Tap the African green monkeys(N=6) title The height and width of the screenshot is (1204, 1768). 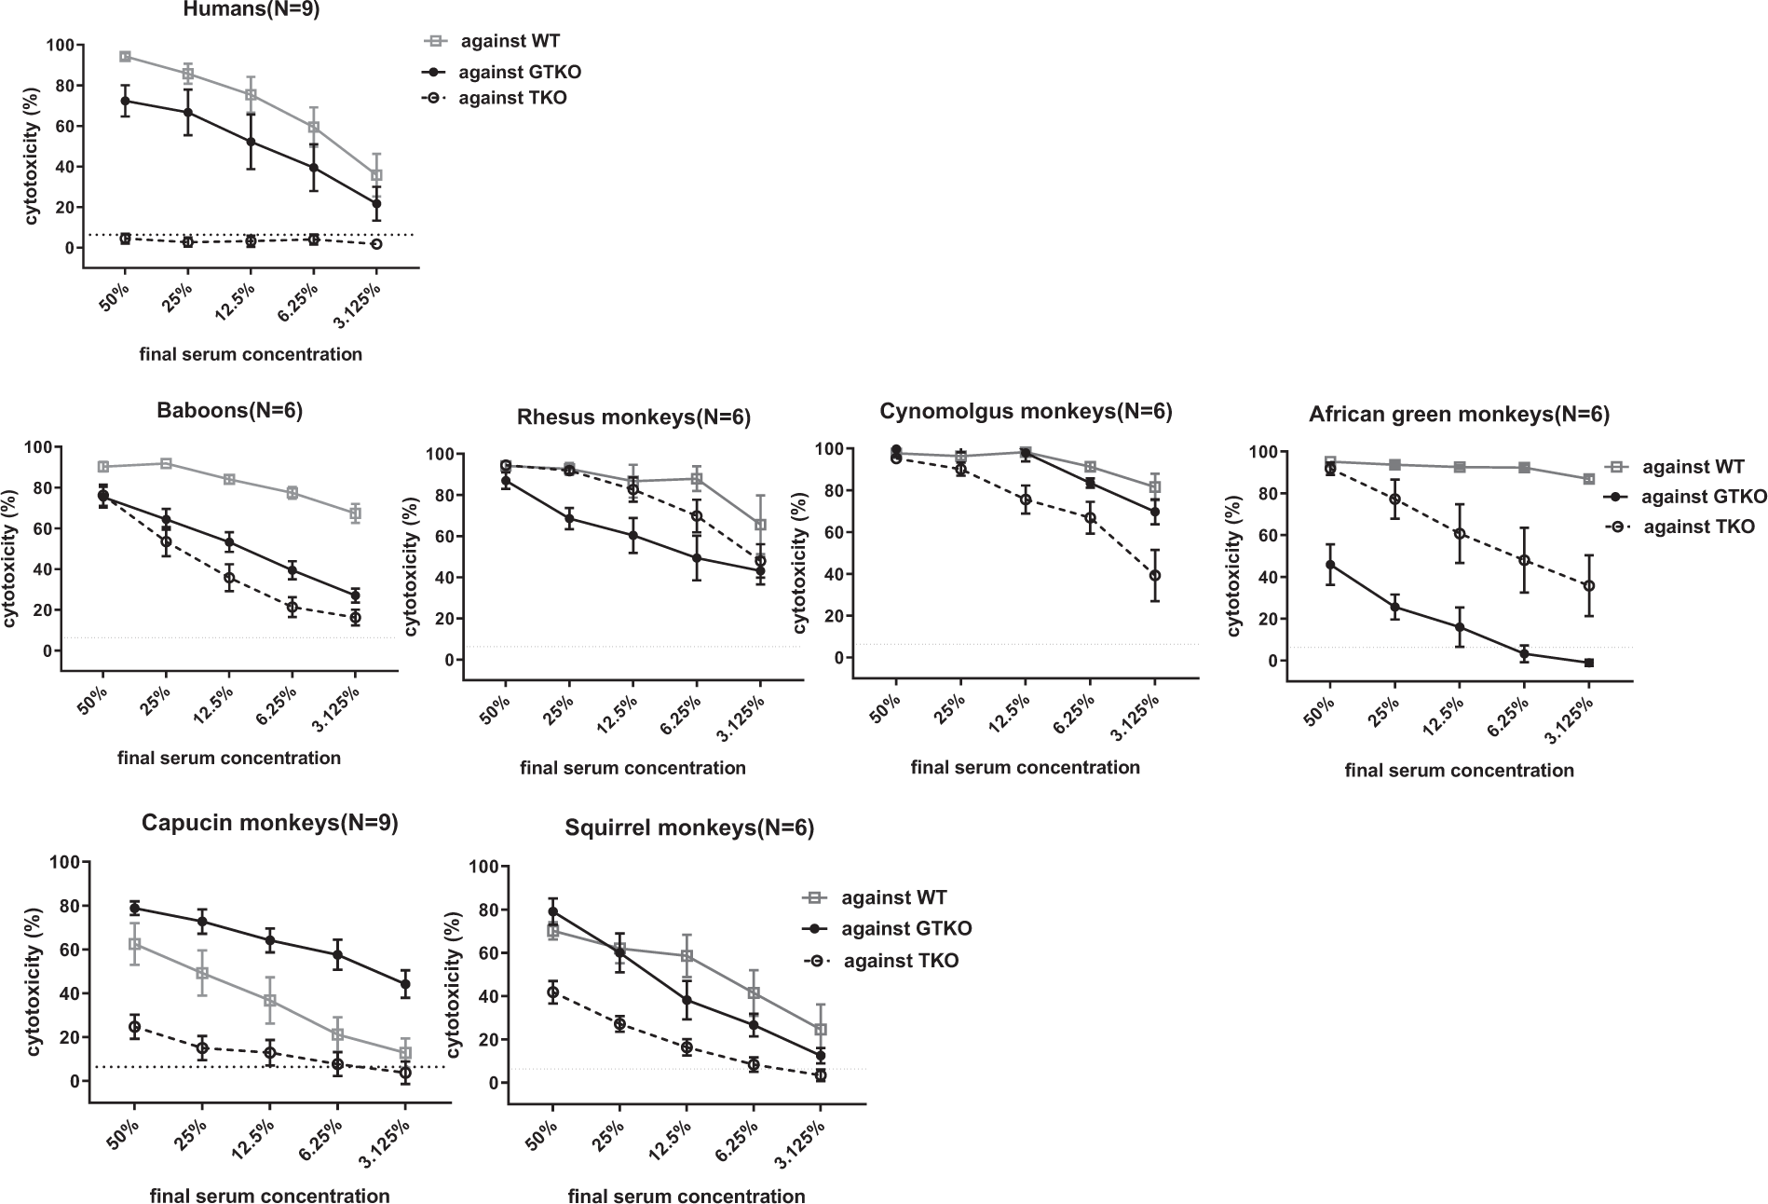tap(1459, 415)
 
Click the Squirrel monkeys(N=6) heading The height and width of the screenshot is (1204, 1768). tap(689, 828)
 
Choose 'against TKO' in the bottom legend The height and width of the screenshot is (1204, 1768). tap(900, 961)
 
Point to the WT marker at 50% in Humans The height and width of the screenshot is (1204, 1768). tap(125, 57)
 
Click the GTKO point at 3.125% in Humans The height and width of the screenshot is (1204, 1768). tap(376, 203)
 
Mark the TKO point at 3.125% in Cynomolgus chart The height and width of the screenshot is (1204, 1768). tap(1155, 576)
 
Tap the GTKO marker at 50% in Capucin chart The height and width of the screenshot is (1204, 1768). tap(134, 908)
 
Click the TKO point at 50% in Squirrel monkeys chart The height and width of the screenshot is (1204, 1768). tap(552, 992)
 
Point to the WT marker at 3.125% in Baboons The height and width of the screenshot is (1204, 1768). tap(355, 513)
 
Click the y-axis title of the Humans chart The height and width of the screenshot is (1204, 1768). tap(32, 155)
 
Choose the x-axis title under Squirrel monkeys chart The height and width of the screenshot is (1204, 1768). tap(687, 1197)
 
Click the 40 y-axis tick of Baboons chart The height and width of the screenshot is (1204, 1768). tap(39, 569)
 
